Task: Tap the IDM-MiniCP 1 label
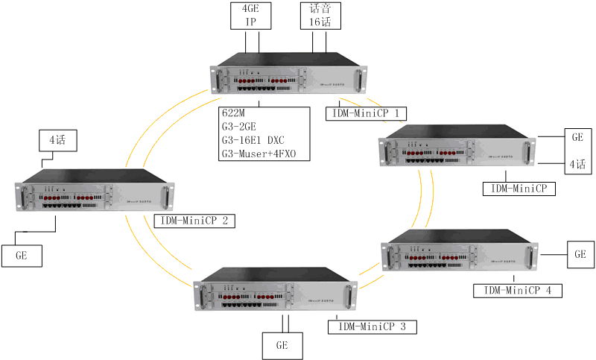click(367, 113)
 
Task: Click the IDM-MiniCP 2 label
click(194, 221)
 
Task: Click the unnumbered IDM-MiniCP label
click(519, 189)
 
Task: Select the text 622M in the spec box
click(234, 113)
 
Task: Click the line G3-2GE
click(242, 127)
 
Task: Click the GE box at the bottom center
click(283, 346)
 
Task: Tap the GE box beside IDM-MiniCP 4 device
click(580, 254)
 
